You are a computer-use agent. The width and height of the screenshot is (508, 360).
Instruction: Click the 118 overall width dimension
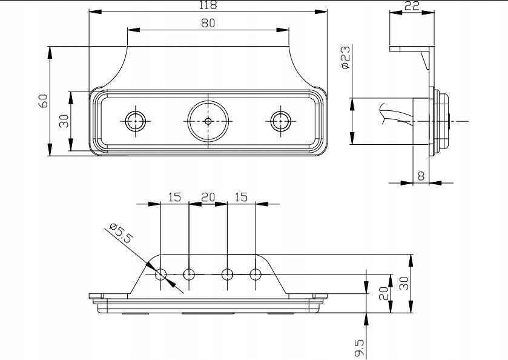pos(208,5)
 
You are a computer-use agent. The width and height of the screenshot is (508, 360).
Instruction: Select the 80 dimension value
pos(208,23)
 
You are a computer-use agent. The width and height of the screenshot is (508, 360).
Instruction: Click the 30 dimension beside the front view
pos(63,121)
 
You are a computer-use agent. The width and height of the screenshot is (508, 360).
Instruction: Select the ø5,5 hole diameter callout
pos(119,234)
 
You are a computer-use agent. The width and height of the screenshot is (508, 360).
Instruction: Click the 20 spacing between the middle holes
pos(208,197)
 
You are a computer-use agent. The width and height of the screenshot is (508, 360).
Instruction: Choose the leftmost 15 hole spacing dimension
pos(174,197)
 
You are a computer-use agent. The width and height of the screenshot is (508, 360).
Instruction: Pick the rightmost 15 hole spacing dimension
pos(241,197)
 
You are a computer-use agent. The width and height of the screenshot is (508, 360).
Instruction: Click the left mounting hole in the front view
pos(134,121)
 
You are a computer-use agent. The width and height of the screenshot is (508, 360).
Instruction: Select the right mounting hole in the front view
pos(280,121)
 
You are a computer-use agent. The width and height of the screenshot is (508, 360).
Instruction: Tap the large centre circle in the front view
pos(208,121)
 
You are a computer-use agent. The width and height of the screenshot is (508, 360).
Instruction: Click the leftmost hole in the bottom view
pos(161,275)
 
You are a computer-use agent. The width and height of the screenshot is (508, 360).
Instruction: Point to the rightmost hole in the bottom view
pos(255,275)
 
